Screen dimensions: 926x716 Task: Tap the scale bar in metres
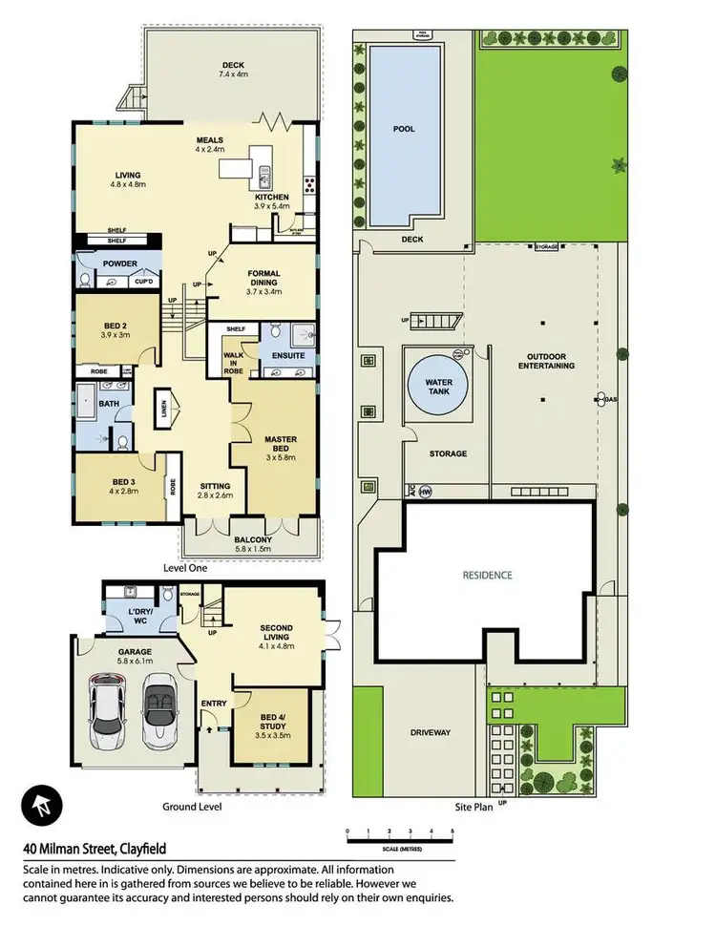(399, 836)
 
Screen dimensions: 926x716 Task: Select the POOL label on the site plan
(404, 129)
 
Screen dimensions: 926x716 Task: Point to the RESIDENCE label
(488, 576)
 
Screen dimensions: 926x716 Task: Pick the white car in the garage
(112, 710)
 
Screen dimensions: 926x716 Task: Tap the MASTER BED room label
(281, 445)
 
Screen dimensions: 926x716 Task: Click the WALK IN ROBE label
(233, 353)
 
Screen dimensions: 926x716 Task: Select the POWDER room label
(119, 263)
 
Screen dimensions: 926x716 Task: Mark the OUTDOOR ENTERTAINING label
(545, 363)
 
